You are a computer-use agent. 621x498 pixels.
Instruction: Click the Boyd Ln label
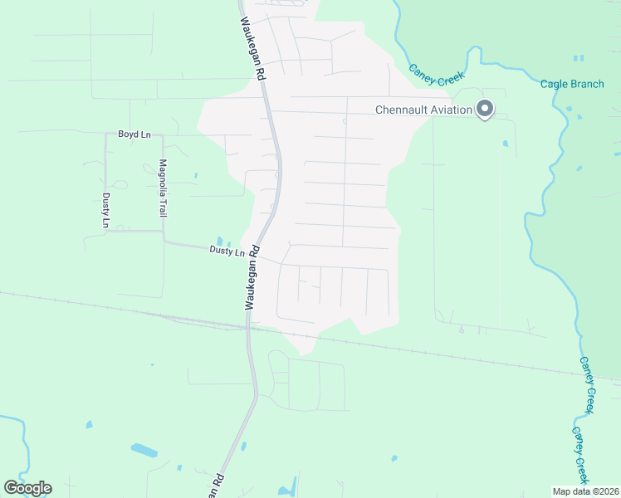coord(134,134)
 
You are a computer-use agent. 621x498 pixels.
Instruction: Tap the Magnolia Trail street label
coord(164,188)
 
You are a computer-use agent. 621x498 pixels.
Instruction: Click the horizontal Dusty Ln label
coord(227,251)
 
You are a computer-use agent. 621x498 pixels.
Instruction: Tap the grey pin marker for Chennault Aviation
coord(485,109)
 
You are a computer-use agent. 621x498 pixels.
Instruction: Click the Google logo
coord(27,488)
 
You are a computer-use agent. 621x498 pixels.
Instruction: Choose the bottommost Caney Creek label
coord(579,456)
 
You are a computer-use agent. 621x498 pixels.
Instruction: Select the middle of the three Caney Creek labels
coord(587,386)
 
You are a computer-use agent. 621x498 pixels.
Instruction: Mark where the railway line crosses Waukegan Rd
coord(247,325)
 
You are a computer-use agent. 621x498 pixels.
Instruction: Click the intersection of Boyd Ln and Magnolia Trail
coord(163,134)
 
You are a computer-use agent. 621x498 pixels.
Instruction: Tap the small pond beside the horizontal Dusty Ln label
coord(218,242)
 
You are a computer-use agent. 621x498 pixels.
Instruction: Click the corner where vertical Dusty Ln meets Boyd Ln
coord(105,134)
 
